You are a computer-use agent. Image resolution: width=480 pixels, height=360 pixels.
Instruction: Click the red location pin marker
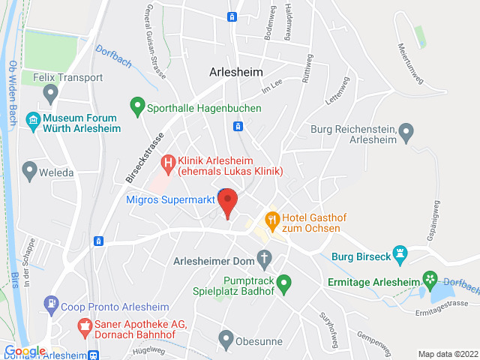tap(228, 202)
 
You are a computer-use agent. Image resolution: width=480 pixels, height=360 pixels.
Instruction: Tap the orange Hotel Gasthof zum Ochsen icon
tap(271, 220)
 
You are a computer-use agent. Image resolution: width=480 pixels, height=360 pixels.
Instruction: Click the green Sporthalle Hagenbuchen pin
tap(136, 107)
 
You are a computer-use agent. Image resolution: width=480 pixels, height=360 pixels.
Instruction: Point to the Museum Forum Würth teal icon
tap(32, 120)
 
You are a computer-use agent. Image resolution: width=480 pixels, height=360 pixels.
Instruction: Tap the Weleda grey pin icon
tap(30, 171)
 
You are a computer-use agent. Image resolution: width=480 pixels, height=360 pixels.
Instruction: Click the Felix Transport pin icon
tap(51, 94)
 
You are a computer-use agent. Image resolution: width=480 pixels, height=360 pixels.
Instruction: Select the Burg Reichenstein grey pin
tap(406, 133)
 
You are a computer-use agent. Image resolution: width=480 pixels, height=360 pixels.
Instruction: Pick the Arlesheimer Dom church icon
tap(264, 259)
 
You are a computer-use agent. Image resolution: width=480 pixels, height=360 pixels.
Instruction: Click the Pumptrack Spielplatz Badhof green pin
tap(283, 284)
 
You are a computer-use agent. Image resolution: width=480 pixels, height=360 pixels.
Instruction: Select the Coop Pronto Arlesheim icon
tap(51, 304)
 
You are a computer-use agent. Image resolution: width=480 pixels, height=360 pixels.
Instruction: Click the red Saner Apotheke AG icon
tap(84, 328)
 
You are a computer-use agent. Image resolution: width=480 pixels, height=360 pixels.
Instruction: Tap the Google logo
tap(25, 351)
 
